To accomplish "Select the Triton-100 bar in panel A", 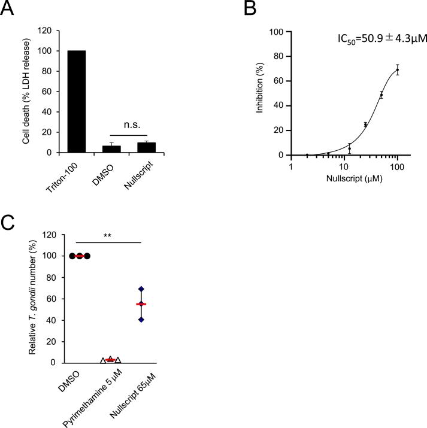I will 77,102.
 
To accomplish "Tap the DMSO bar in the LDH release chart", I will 112,149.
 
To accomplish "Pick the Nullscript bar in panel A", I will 147,148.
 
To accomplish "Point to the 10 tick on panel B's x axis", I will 344,163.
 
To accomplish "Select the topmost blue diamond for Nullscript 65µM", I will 141,289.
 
